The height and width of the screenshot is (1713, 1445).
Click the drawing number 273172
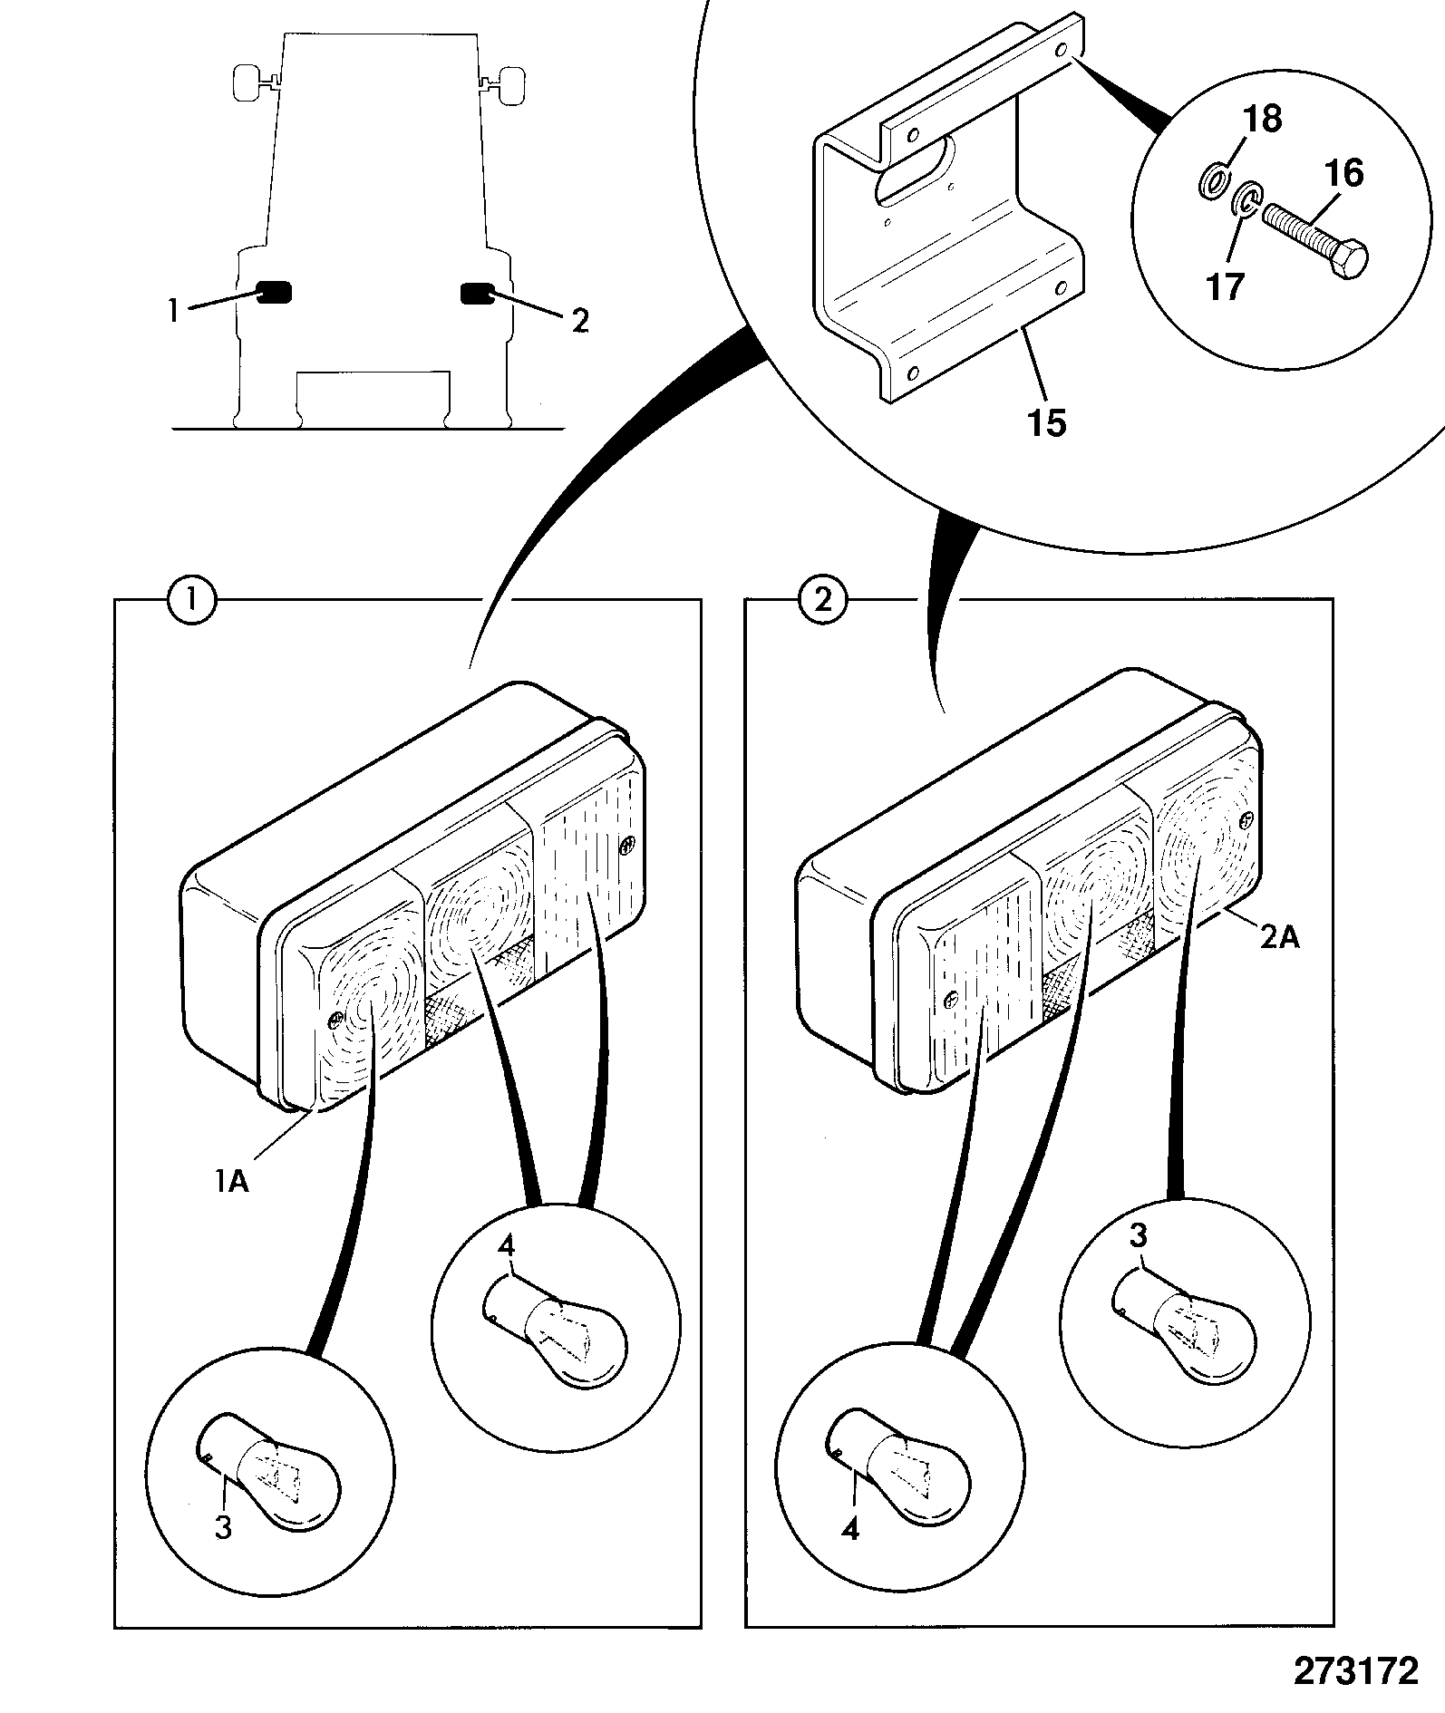pyautogui.click(x=1354, y=1669)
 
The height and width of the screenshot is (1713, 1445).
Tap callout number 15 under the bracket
pyautogui.click(x=1047, y=422)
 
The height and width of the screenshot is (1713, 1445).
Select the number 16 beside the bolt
pyautogui.click(x=1344, y=172)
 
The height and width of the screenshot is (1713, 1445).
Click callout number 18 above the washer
pyautogui.click(x=1263, y=119)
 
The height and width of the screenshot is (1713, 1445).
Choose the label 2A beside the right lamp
pyautogui.click(x=1279, y=938)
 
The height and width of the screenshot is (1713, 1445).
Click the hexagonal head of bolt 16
pyautogui.click(x=1349, y=263)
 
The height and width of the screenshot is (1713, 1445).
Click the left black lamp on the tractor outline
pyautogui.click(x=275, y=293)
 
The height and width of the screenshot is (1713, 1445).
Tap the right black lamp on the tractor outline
pyautogui.click(x=477, y=293)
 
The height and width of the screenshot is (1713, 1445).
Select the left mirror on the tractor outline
pyautogui.click(x=247, y=82)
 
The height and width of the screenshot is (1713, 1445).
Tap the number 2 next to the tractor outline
pyautogui.click(x=580, y=321)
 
